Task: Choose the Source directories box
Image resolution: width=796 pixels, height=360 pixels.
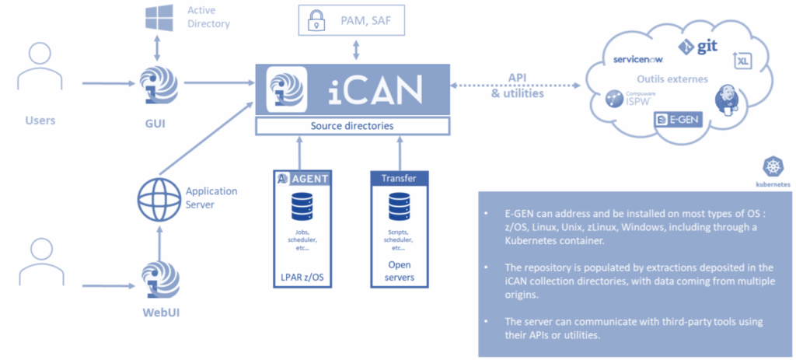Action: (353, 125)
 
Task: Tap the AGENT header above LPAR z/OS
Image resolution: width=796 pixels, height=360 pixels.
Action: (303, 179)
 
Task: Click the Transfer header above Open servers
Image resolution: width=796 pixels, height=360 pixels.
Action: (398, 179)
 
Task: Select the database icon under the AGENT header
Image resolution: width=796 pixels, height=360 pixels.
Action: (302, 208)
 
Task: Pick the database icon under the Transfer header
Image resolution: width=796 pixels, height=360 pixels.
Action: (398, 208)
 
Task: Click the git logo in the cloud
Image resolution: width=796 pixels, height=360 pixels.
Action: (697, 47)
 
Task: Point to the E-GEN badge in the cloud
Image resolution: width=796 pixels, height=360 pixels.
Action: (675, 121)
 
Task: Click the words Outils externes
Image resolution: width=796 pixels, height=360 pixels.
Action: (672, 79)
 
